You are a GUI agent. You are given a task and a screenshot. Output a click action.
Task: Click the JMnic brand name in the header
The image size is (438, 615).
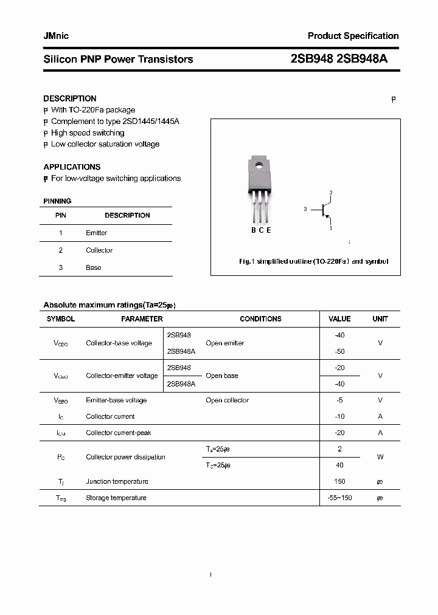[x=56, y=36]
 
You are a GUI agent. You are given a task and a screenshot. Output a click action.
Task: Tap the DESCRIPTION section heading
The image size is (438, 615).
[x=70, y=98]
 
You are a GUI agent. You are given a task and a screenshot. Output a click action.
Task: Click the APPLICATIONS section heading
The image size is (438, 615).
[x=72, y=167]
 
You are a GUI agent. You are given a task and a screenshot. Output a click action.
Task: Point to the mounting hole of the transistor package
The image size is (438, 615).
[x=258, y=163]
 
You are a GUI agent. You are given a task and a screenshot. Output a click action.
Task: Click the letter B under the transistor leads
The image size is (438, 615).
[x=254, y=230]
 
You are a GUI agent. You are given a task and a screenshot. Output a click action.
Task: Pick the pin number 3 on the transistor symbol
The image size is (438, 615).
[x=305, y=209]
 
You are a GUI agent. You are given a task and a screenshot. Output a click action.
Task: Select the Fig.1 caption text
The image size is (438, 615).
[x=313, y=261]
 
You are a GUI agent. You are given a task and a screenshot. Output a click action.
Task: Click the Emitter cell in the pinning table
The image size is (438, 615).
[x=97, y=233]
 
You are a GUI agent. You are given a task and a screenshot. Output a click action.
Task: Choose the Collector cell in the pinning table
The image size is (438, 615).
[x=99, y=250]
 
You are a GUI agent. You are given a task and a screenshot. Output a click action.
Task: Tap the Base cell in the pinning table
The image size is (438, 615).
[x=94, y=267]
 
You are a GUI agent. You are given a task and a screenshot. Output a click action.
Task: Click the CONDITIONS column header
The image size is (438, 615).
[x=260, y=319]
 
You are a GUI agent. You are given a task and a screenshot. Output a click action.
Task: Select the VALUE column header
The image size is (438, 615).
[x=339, y=319]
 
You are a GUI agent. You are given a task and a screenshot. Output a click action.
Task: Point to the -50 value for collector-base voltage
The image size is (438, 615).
[x=339, y=351]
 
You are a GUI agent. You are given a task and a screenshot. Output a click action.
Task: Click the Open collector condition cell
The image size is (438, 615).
[x=227, y=400]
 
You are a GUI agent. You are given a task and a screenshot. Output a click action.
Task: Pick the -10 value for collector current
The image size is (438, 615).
[x=339, y=417]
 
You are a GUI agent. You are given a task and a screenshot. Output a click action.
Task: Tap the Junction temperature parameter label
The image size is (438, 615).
[x=117, y=482]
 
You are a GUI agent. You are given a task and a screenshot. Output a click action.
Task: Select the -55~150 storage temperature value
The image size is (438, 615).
[x=339, y=498]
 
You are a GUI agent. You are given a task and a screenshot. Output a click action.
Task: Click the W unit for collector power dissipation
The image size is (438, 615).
[x=380, y=457]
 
